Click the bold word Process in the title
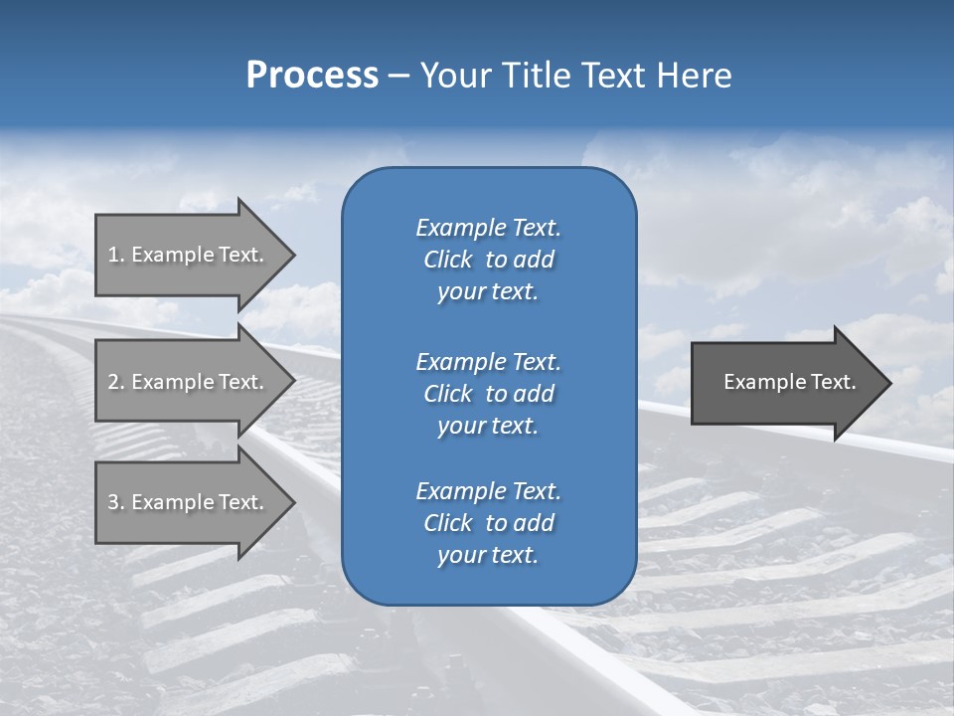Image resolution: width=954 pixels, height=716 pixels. pos(312,76)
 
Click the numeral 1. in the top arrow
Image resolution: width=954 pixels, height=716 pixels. pos(115,255)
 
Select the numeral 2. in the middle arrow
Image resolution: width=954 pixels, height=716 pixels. pos(115,382)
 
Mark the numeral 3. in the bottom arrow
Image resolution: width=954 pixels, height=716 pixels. pos(115,502)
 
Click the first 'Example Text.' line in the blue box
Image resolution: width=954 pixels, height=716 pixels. pos(488,228)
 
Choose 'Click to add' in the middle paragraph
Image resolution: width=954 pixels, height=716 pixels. pos(488,394)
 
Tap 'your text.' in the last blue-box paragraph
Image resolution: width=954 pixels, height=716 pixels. pos(488,556)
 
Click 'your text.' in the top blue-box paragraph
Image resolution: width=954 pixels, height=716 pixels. pos(488,292)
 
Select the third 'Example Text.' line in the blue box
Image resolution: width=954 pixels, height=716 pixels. pos(488,491)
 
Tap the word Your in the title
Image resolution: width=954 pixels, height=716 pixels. pos(457,76)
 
